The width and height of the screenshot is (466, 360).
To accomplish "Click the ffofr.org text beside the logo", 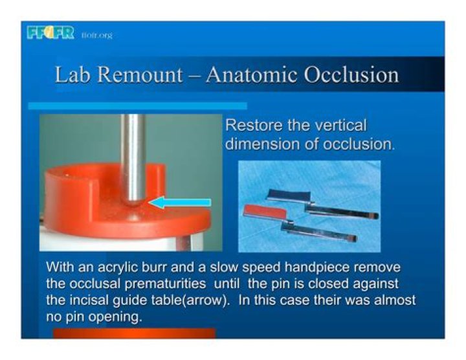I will coord(97,35).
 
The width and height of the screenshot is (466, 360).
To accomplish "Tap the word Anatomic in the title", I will coord(250,75).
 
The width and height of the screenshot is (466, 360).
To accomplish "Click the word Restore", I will coord(251,126).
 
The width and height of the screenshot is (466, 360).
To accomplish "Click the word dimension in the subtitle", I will coord(260,143).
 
